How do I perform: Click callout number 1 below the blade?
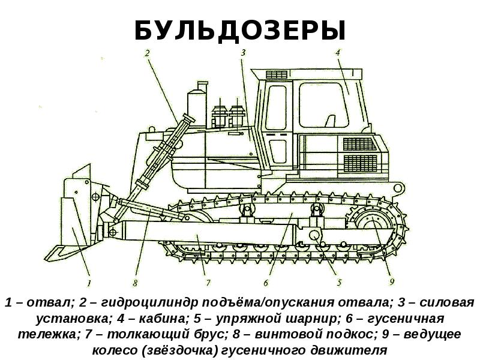[x=88, y=282]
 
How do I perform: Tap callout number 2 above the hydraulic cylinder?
[x=147, y=53]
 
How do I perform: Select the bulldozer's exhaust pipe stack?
[x=195, y=108]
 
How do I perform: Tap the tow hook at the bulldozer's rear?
[x=397, y=188]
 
